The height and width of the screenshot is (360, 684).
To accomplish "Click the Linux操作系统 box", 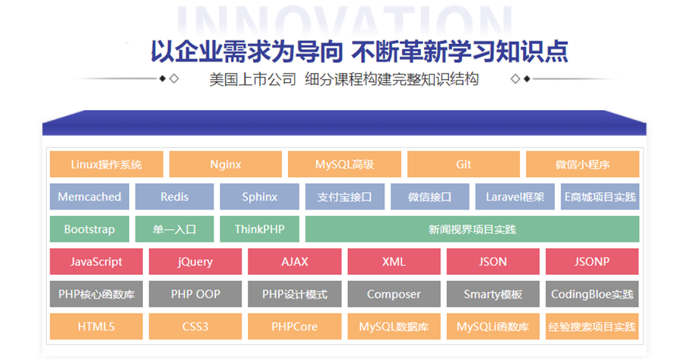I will click(106, 164).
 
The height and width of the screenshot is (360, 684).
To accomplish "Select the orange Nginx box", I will click(225, 164).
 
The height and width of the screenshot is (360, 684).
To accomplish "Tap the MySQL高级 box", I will click(344, 164).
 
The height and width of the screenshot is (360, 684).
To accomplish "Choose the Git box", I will click(464, 164).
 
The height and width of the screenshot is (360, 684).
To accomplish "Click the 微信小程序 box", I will click(583, 164).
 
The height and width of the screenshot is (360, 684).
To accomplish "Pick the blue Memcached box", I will click(90, 197).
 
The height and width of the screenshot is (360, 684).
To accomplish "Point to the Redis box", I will click(175, 197).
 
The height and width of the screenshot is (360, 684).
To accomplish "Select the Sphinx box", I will click(260, 197).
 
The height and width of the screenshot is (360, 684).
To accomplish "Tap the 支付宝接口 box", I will click(344, 197).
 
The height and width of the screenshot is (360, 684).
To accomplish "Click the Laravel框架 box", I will click(515, 197).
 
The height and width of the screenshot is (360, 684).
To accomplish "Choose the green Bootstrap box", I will click(90, 229).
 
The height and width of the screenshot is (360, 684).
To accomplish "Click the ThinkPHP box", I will click(260, 229).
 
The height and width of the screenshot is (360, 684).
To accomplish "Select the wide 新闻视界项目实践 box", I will click(472, 229).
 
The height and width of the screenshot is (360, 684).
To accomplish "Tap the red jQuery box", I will click(195, 262).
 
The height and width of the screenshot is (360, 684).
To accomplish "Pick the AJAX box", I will click(294, 262).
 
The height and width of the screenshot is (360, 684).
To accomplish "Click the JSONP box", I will click(592, 262).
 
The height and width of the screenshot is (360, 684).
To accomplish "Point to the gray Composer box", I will click(394, 294).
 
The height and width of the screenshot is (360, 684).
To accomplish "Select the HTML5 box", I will click(96, 327).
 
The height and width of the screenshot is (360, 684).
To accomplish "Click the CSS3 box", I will click(195, 327).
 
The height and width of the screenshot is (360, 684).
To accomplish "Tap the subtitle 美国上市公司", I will click(252, 79).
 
